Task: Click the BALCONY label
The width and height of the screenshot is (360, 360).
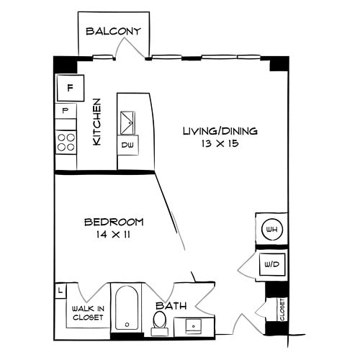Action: [x=113, y=31]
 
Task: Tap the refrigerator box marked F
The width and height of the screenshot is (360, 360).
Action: [x=70, y=88]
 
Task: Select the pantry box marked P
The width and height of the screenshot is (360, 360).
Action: [x=66, y=111]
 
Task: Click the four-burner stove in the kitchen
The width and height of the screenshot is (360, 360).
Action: [x=66, y=140]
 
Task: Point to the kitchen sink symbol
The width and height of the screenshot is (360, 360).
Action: [x=127, y=122]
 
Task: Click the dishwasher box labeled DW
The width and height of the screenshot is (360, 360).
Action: [x=127, y=145]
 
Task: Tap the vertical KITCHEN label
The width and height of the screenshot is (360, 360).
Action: [x=96, y=122]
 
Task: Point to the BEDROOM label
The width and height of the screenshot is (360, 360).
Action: [x=114, y=222]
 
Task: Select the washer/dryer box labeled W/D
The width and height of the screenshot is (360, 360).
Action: [x=271, y=264]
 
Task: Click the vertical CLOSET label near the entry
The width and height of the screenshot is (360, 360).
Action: [x=282, y=310]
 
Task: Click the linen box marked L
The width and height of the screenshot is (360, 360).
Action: [x=61, y=291]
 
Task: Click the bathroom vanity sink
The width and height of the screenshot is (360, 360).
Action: [x=192, y=325]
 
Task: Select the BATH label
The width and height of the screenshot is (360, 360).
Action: [x=170, y=305]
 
